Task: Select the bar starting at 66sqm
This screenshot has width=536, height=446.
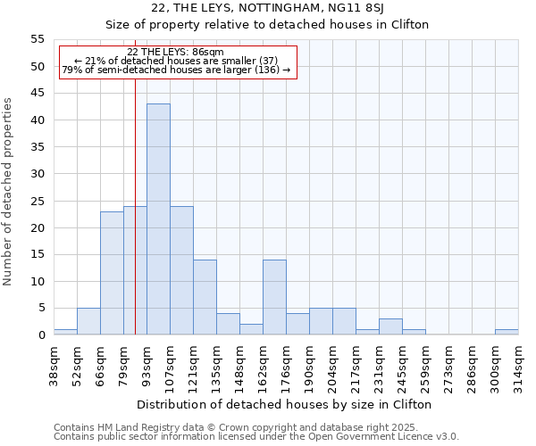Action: [x=112, y=273]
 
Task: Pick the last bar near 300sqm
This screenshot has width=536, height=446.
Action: [x=507, y=332]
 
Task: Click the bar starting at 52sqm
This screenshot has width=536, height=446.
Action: [x=88, y=321]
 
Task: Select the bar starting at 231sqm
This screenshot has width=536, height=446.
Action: [x=390, y=326]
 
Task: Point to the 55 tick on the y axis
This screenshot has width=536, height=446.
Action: [x=38, y=39]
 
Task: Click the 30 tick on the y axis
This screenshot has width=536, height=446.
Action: [x=38, y=174]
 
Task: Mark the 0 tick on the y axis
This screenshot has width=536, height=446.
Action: [x=41, y=335]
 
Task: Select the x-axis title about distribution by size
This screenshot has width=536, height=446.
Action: [x=286, y=404]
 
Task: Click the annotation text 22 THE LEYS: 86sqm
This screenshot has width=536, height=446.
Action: [x=175, y=53]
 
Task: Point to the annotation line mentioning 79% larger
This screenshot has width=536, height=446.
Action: [x=176, y=70]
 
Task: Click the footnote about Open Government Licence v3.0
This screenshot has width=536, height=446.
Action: [x=256, y=436]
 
